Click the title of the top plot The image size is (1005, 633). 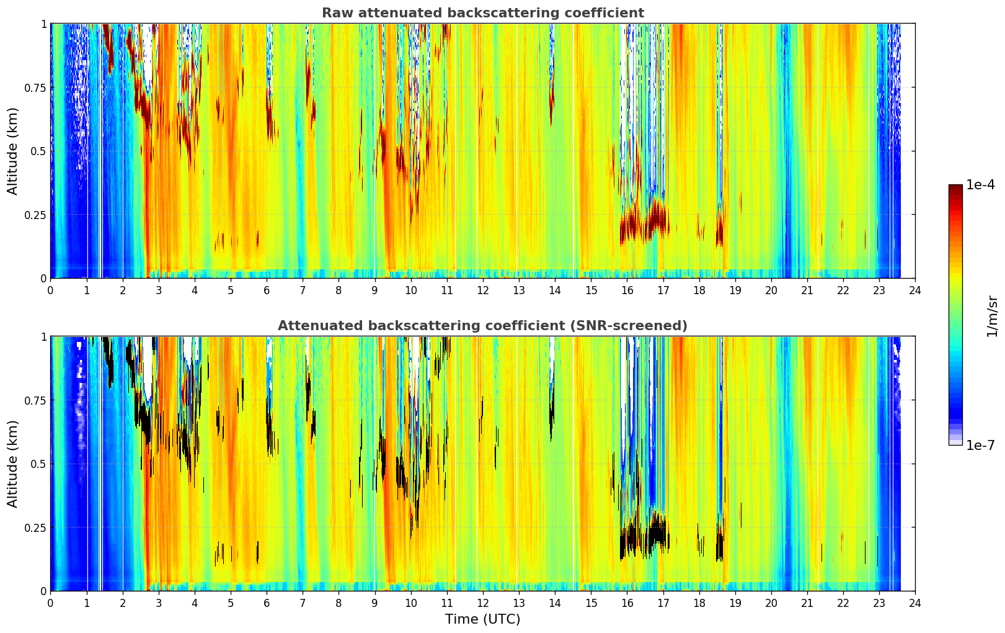click(483, 12)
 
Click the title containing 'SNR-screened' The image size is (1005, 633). click(483, 325)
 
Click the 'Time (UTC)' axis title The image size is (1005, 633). click(483, 619)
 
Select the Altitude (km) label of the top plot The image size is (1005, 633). click(12, 151)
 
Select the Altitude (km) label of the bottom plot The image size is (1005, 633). click(12, 464)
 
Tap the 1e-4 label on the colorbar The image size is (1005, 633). click(980, 184)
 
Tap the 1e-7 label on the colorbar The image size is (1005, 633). click(980, 446)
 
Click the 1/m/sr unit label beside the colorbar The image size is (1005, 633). click(992, 316)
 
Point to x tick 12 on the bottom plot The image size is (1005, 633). click(483, 603)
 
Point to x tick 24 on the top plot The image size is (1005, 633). click(915, 290)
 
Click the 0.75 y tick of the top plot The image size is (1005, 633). click(35, 88)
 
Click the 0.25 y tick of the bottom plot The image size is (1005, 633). click(35, 527)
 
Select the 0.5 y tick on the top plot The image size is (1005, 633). click(38, 151)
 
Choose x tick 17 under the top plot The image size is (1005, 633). click(663, 290)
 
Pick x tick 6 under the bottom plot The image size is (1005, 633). click(267, 603)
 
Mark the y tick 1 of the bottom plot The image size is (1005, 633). click(44, 337)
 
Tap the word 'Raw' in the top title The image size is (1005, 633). click(338, 12)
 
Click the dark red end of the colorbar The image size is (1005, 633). click(955, 187)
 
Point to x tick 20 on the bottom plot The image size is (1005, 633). click(771, 603)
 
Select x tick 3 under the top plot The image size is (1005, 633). click(158, 290)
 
